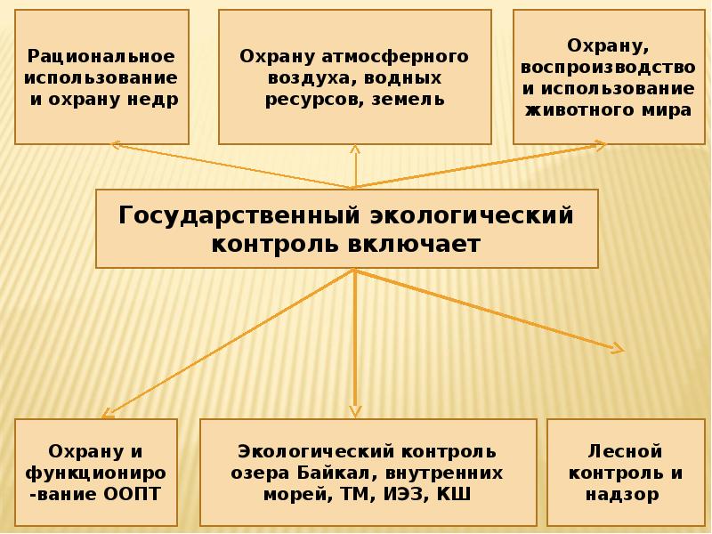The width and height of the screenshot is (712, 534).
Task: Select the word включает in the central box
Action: point(417,244)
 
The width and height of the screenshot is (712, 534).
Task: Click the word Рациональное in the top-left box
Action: point(101,56)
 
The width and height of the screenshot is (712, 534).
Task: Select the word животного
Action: point(580,110)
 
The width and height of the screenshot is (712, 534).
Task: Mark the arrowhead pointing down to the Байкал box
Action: point(355,411)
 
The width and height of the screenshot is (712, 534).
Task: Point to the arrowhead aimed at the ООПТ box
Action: point(109,413)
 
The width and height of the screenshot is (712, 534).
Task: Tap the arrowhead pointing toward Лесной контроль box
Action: point(617,348)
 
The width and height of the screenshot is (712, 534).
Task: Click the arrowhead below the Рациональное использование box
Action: point(112,145)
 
